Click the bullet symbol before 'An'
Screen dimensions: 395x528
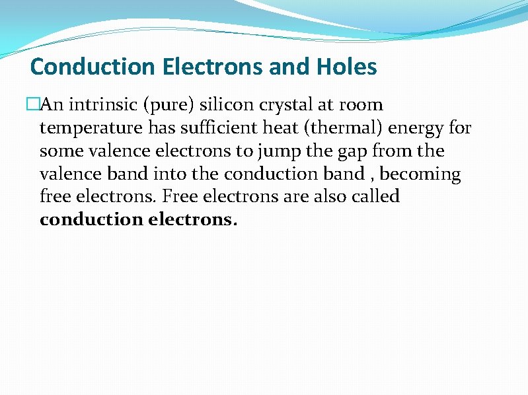point(32,105)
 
